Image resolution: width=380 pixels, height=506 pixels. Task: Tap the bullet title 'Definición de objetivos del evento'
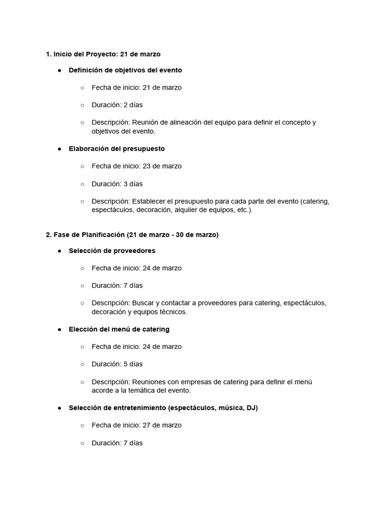pyautogui.click(x=125, y=70)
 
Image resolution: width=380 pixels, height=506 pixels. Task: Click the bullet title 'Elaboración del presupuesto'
pyautogui.click(x=117, y=149)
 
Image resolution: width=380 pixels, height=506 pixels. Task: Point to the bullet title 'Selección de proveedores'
pyautogui.click(x=112, y=251)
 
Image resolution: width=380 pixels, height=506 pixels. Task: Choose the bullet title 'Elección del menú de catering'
pyautogui.click(x=119, y=329)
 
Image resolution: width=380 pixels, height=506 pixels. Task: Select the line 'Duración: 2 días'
pyautogui.click(x=117, y=105)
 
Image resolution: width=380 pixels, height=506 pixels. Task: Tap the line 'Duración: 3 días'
pyautogui.click(x=117, y=184)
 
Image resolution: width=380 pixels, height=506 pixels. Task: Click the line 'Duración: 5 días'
pyautogui.click(x=117, y=364)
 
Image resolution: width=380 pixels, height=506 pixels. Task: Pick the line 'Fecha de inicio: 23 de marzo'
pyautogui.click(x=137, y=166)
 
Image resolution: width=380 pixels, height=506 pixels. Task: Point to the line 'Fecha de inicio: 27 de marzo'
pyautogui.click(x=137, y=425)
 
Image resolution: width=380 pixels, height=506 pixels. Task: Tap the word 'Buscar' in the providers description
pyautogui.click(x=143, y=303)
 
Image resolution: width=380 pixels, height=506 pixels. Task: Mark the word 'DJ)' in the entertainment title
pyautogui.click(x=252, y=408)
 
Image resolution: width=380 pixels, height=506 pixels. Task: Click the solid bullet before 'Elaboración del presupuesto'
pyautogui.click(x=59, y=149)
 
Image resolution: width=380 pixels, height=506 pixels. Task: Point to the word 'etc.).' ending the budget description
pyautogui.click(x=242, y=210)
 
